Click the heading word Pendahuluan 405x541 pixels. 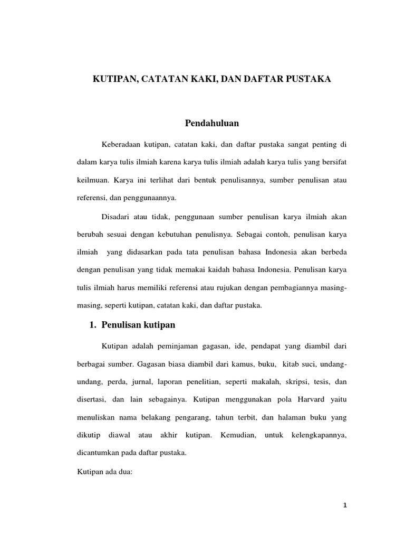click(212, 123)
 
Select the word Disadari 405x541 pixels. click(116, 217)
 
